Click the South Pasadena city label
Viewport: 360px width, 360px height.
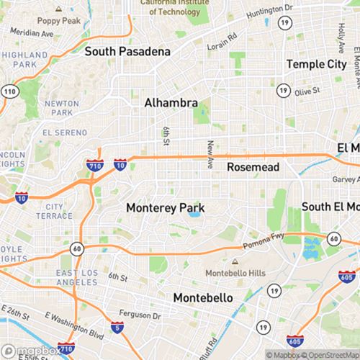[x=127, y=52]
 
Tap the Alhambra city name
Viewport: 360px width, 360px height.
[x=171, y=103]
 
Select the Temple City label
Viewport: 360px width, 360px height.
[x=316, y=64]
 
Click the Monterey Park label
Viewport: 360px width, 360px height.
[x=165, y=207]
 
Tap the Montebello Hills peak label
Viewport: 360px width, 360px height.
[x=235, y=274]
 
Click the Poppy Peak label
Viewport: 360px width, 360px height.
[x=58, y=21]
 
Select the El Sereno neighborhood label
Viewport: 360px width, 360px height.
[x=64, y=133]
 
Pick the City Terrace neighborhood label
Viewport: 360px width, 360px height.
[x=58, y=211]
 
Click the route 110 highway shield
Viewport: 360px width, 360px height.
[x=9, y=91]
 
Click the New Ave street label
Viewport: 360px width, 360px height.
[x=210, y=155]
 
